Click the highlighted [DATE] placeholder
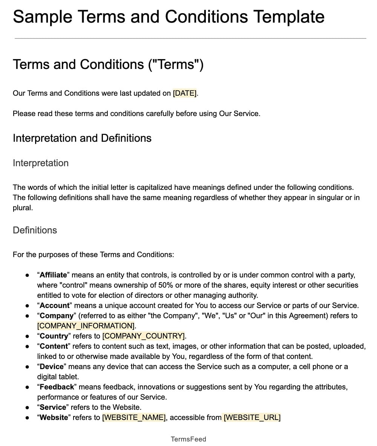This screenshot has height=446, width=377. [184, 93]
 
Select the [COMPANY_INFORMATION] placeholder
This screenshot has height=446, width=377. [86, 326]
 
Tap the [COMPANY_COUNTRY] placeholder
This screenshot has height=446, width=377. [144, 336]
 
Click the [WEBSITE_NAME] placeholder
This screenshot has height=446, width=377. [134, 417]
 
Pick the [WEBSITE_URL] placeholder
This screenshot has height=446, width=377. [252, 417]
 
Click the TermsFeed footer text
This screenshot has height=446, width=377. [188, 439]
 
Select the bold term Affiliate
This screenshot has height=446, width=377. [53, 275]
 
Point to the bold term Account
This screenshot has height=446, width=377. [55, 305]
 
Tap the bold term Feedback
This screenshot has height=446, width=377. [57, 387]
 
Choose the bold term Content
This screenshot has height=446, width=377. [54, 346]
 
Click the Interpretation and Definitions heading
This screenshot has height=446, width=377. [82, 138]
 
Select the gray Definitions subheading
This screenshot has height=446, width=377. [35, 230]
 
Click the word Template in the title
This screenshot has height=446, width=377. [288, 17]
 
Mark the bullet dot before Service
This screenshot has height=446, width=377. [27, 407]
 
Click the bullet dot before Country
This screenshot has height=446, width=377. [27, 336]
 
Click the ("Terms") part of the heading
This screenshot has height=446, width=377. [176, 64]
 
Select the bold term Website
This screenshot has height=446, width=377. [54, 417]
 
